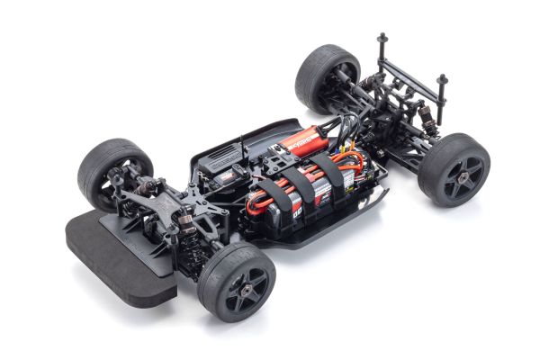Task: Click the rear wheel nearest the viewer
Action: click(454, 170)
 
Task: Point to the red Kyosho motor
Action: click(302, 139)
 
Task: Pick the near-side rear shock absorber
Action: click(424, 117)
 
